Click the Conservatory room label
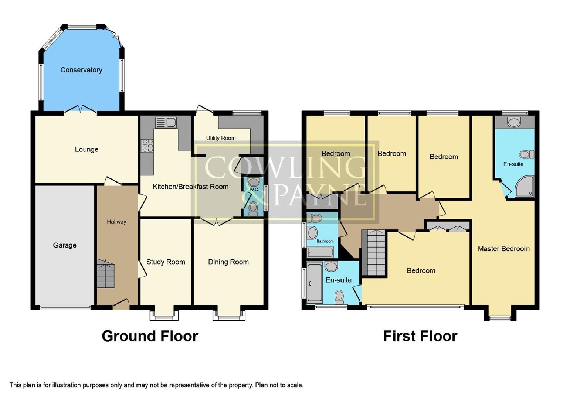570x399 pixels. pos(81,70)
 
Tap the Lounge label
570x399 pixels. pos(86,149)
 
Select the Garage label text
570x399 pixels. pos(65,245)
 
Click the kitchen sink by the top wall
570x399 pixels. pos(166,122)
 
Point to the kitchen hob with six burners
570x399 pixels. pos(147,146)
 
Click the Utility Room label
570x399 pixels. pos(221,138)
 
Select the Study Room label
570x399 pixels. pos(166,262)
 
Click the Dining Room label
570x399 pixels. pos(228,262)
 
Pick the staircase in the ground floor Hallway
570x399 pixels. pos(105,274)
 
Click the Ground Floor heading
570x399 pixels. pos(150,336)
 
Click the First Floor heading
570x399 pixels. pos(420,336)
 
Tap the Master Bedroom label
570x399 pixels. pos(503,249)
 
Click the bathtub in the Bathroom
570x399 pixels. pos(320,252)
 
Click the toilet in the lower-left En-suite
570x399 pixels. pos(339,296)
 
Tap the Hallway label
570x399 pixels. pos(116,222)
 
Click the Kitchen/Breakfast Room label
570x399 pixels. pos(190,187)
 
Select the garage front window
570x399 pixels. pos(65,307)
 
